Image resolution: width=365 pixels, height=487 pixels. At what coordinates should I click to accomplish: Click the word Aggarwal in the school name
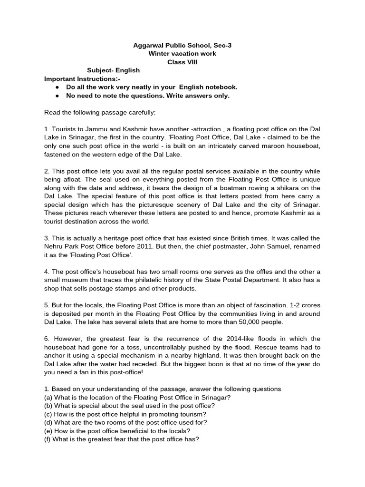(146, 45)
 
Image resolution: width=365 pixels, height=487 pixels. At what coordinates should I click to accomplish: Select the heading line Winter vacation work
(182, 53)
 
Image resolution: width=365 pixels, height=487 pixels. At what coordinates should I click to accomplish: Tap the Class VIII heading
(182, 62)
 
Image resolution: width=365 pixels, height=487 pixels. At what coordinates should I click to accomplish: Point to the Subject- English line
(113, 70)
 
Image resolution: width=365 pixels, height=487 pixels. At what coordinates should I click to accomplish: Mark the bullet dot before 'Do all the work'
(57, 88)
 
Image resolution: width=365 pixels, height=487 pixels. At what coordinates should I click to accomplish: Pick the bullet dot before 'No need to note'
(57, 96)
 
